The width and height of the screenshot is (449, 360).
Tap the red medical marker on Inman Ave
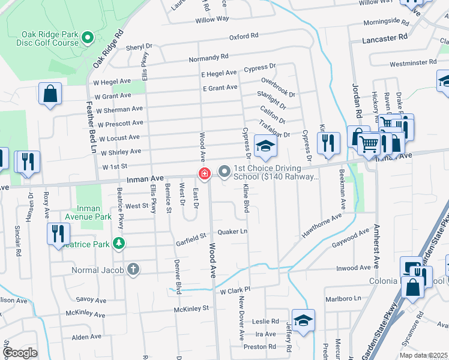tap(205, 174)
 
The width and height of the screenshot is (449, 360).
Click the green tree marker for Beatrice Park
tap(119, 243)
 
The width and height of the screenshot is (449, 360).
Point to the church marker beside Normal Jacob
tap(133, 270)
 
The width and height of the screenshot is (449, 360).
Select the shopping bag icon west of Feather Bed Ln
tap(50, 94)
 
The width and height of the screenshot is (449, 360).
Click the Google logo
tap(20, 353)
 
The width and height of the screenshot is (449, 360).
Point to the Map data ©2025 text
tap(424, 355)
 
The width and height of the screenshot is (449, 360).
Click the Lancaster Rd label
tap(385, 37)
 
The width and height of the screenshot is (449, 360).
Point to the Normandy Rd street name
tap(208, 58)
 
